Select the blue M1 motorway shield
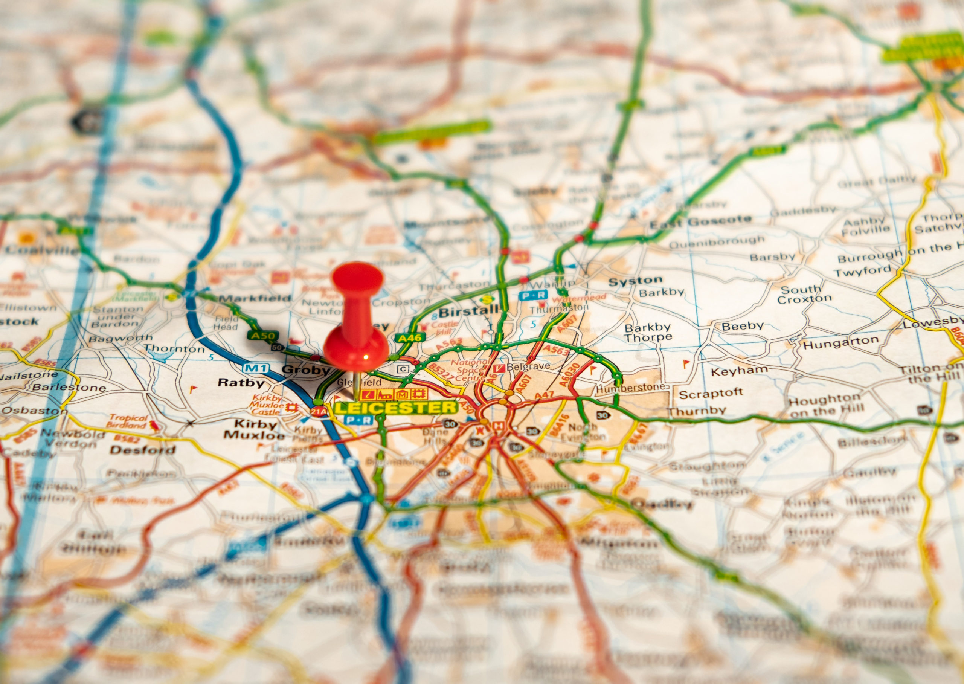(x=256, y=368)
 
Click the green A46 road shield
(x=410, y=337)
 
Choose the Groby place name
(x=306, y=370)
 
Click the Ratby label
(x=241, y=383)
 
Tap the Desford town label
(x=142, y=450)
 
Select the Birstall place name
(x=468, y=311)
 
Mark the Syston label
(x=635, y=281)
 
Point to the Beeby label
(x=742, y=326)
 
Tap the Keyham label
(x=739, y=371)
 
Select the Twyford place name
(x=863, y=272)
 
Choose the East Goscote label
(x=700, y=222)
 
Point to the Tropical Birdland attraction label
(x=128, y=421)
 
